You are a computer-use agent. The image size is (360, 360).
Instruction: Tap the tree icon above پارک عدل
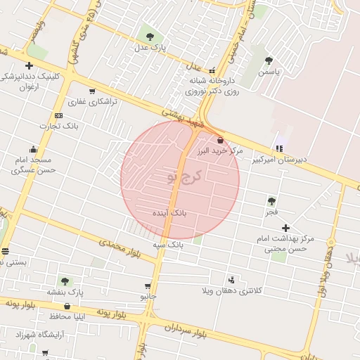click(148, 36)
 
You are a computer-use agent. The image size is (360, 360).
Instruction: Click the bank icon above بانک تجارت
click(58, 115)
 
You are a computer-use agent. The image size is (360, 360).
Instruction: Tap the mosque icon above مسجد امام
click(33, 149)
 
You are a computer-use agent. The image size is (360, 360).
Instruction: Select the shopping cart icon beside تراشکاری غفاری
click(92, 91)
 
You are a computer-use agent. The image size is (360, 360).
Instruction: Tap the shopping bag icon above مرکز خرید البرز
click(221, 140)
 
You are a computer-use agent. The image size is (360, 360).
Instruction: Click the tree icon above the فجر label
click(271, 201)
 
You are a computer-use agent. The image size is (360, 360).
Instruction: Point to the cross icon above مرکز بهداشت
click(285, 228)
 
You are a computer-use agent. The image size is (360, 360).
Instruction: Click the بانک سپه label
click(168, 245)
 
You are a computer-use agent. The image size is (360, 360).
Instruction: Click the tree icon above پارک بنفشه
click(65, 281)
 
